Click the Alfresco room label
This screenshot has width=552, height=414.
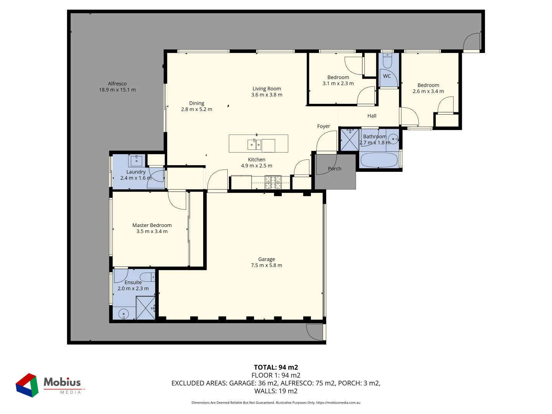coord(117,84)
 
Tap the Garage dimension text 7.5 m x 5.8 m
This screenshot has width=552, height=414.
coord(266,265)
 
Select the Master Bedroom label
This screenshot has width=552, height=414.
coord(152,225)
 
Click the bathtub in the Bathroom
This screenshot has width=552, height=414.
coord(379,160)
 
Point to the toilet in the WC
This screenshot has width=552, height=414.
coord(387,61)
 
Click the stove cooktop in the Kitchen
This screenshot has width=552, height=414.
coord(273,182)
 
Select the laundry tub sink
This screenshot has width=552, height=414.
coord(136,160)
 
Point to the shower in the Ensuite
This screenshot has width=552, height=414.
coord(146,308)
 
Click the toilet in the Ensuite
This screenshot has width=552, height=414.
coord(147,277)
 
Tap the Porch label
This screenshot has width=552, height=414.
coord(335,169)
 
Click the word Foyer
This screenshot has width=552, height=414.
coord(324,126)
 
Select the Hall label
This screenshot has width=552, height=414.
coord(372,116)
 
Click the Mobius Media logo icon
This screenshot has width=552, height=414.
coord(27,385)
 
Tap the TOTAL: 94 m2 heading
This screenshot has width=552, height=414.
coord(276,367)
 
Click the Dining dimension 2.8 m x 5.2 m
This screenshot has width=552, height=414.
coord(197,109)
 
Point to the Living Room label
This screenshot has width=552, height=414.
coord(267,89)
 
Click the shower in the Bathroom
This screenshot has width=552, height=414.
coord(350,140)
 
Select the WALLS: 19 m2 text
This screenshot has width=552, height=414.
coord(276,391)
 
